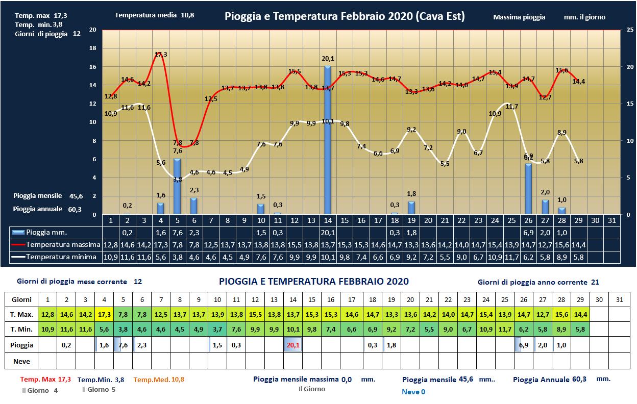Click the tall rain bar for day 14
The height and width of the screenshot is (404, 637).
pyautogui.click(x=328, y=140)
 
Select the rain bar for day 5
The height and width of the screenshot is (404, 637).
pyautogui.click(x=177, y=186)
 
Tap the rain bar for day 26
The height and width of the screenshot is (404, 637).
pyautogui.click(x=528, y=189)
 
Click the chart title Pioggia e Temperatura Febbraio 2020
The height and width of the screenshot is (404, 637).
pyautogui.click(x=345, y=16)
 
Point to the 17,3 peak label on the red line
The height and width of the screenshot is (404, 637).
pyautogui.click(x=161, y=54)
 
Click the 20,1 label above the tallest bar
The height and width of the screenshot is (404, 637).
pyautogui.click(x=328, y=59)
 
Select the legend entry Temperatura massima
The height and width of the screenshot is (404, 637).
pyautogui.click(x=55, y=245)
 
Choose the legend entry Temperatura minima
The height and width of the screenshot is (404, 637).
pyautogui.click(x=55, y=257)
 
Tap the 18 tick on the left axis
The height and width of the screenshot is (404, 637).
pyautogui.click(x=92, y=48)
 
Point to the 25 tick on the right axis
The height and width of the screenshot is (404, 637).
pyautogui.click(x=630, y=30)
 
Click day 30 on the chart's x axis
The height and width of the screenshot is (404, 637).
pyautogui.click(x=596, y=220)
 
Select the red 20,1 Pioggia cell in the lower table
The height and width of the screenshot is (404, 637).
pyautogui.click(x=293, y=345)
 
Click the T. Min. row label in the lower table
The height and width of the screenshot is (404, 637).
pyautogui.click(x=21, y=330)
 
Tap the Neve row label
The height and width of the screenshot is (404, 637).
pyautogui.click(x=21, y=361)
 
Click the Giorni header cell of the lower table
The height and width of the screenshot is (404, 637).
pyautogui.click(x=21, y=299)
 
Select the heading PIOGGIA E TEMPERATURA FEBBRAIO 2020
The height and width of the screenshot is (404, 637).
pyautogui.click(x=313, y=282)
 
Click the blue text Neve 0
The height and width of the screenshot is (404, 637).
pyautogui.click(x=413, y=392)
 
